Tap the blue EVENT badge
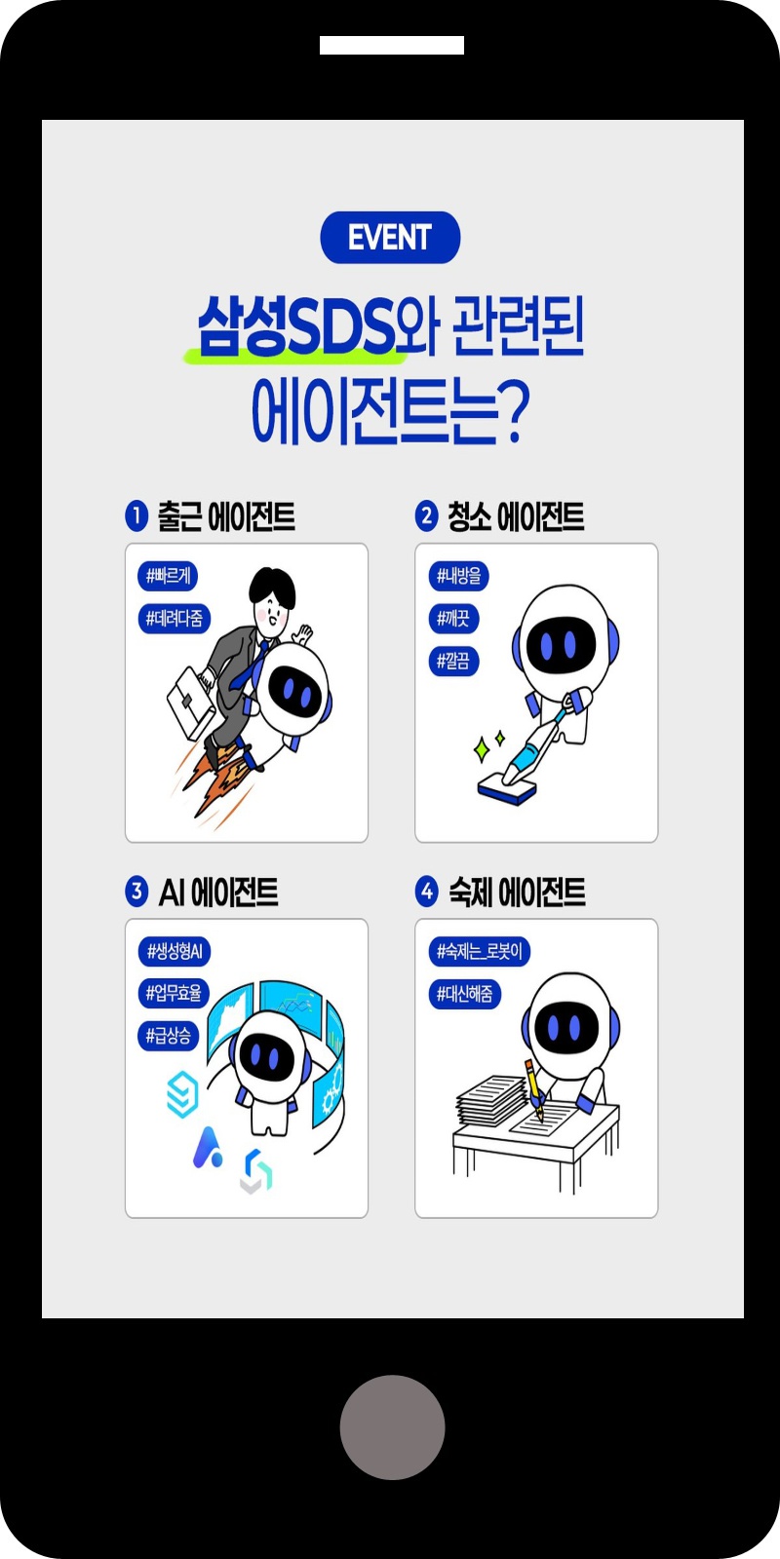point(390,238)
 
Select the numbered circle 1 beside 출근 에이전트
point(136,516)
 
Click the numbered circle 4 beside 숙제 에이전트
point(426,892)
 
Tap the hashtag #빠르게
point(168,576)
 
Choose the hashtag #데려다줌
point(175,619)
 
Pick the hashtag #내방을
point(458,576)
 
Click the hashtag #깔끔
point(453,662)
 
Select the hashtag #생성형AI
point(175,951)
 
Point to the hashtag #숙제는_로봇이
point(479,951)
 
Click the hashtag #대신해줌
point(464,994)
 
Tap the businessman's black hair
point(272,586)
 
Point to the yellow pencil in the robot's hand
point(534,1089)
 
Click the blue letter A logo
point(208,1147)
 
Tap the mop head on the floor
point(507,788)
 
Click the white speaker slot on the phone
point(392,45)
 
